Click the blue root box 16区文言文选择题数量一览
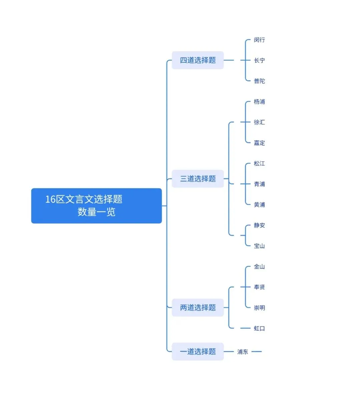click(96, 205)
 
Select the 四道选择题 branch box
click(198, 60)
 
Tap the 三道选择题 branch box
click(198, 179)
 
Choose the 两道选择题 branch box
click(198, 307)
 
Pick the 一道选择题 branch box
click(198, 351)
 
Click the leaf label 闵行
click(259, 40)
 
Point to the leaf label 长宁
click(259, 61)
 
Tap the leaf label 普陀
click(259, 81)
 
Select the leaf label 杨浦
click(259, 102)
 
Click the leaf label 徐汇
click(259, 123)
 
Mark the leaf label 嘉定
click(259, 143)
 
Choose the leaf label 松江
click(259, 164)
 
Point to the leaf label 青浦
click(259, 184)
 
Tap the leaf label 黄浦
click(259, 205)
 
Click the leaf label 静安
click(259, 225)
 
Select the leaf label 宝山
click(259, 246)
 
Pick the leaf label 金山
click(259, 267)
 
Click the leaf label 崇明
click(259, 308)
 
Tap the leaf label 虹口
click(259, 328)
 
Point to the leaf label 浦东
click(243, 352)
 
